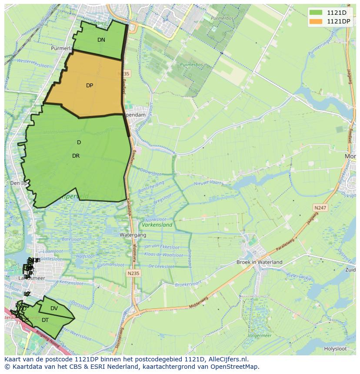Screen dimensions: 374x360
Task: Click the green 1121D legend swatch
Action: coord(316,12)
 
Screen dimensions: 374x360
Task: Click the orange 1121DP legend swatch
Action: coord(316,21)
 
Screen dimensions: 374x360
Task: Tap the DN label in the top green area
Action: coord(101,40)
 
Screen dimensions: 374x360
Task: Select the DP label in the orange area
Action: coord(90,86)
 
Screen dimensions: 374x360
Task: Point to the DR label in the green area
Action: coord(76,156)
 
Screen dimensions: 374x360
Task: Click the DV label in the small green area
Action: coord(54,308)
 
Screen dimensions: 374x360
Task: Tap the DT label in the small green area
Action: coord(45,320)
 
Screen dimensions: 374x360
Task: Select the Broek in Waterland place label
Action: coord(259,262)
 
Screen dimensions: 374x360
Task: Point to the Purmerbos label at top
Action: coord(219,19)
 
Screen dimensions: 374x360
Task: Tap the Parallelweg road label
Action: coord(284,245)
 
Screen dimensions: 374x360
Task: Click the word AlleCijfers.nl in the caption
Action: coord(228,359)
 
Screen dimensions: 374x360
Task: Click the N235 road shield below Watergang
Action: coord(133,273)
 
